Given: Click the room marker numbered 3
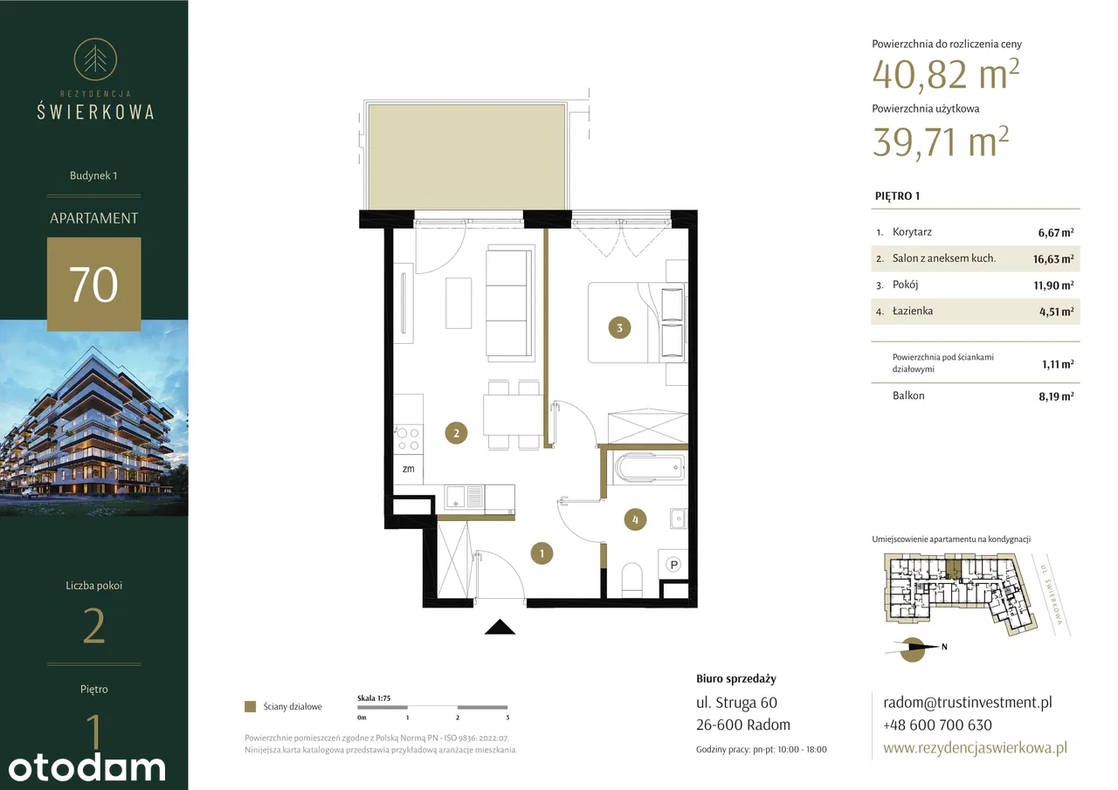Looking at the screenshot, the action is (619, 327).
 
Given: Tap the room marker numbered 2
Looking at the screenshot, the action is (456, 433).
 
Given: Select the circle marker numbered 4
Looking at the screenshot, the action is (635, 519).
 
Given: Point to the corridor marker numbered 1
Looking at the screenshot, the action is (542, 553).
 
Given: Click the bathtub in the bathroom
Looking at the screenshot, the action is (650, 468).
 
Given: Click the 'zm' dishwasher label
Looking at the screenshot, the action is (408, 469).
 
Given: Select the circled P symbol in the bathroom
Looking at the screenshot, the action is (673, 565).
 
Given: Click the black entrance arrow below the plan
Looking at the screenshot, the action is (500, 627).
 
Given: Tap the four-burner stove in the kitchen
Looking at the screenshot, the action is (408, 439).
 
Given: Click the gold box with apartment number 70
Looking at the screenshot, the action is (93, 284).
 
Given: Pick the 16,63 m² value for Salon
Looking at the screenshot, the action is (1053, 259).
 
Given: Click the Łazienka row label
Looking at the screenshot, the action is (913, 311).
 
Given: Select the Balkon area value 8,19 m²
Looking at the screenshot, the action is (1056, 396).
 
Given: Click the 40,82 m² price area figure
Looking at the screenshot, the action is (946, 74).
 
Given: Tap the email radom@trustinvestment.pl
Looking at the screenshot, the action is (967, 702).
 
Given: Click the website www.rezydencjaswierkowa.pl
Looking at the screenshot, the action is (975, 747).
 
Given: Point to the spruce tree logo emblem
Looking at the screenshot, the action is (95, 59).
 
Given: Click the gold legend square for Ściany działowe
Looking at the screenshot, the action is (250, 706).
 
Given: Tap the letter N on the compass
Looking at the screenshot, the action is (944, 647).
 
